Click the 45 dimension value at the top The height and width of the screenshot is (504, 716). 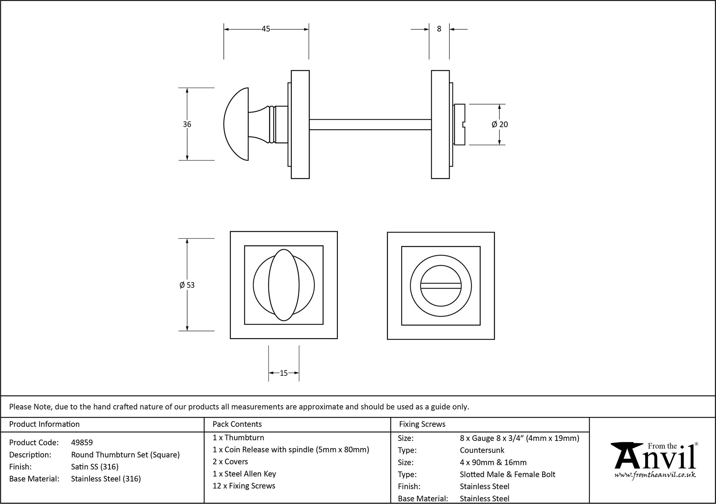[x=266, y=29]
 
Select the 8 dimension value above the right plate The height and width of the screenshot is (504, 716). [x=439, y=29]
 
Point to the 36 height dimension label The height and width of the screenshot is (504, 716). [x=187, y=124]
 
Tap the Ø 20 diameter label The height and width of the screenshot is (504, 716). [x=500, y=124]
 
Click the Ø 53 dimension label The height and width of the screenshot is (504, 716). [x=187, y=285]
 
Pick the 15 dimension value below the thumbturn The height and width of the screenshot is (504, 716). [x=284, y=373]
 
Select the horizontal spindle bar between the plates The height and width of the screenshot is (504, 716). [x=370, y=124]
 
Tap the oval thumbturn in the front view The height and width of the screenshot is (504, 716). [x=284, y=285]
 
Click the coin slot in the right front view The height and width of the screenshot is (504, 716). [x=441, y=285]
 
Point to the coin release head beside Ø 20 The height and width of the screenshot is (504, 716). [x=459, y=124]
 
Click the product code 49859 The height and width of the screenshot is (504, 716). [x=82, y=442]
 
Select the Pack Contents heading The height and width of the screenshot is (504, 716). [x=237, y=424]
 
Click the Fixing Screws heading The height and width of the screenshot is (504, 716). [x=422, y=424]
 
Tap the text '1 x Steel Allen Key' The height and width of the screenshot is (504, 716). [x=244, y=474]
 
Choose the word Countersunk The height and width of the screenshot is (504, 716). [x=482, y=450]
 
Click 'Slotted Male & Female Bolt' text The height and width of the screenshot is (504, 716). [x=507, y=474]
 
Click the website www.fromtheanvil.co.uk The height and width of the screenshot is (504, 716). [x=655, y=475]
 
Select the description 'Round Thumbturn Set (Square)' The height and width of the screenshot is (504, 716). [x=125, y=455]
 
